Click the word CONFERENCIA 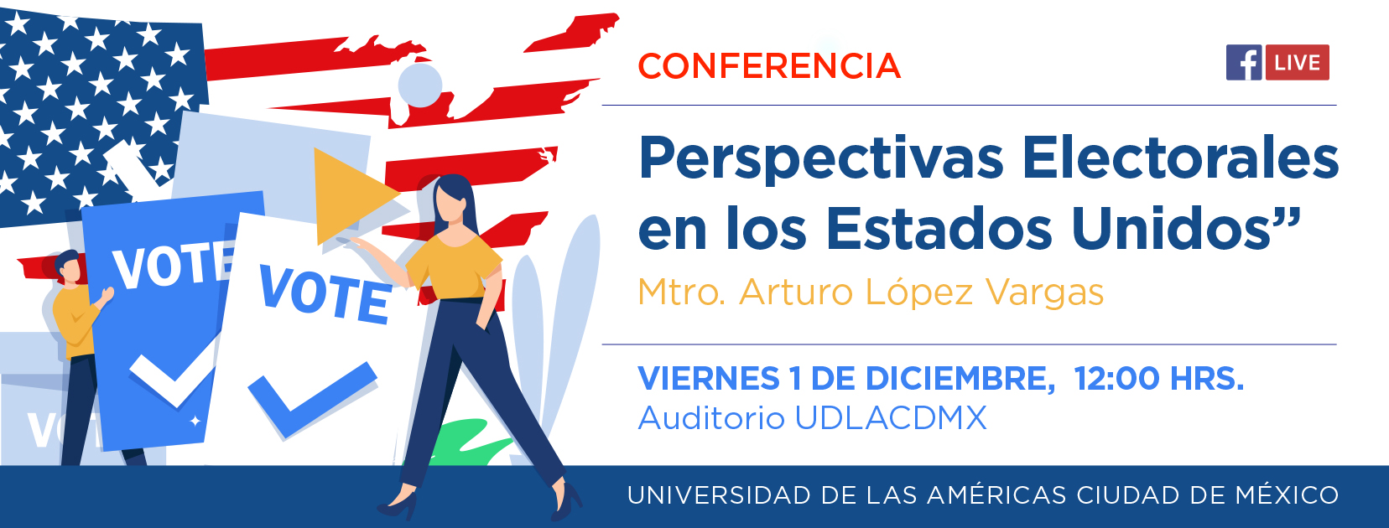pyautogui.click(x=769, y=65)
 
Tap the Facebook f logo pyautogui.click(x=1244, y=63)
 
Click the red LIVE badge pyautogui.click(x=1298, y=63)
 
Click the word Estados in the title pyautogui.click(x=939, y=228)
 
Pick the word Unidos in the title pyautogui.click(x=1172, y=228)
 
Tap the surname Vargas pyautogui.click(x=1044, y=292)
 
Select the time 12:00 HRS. pyautogui.click(x=1159, y=378)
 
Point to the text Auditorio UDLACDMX pyautogui.click(x=812, y=417)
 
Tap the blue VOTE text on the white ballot pyautogui.click(x=325, y=295)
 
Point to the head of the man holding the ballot pyautogui.click(x=68, y=267)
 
